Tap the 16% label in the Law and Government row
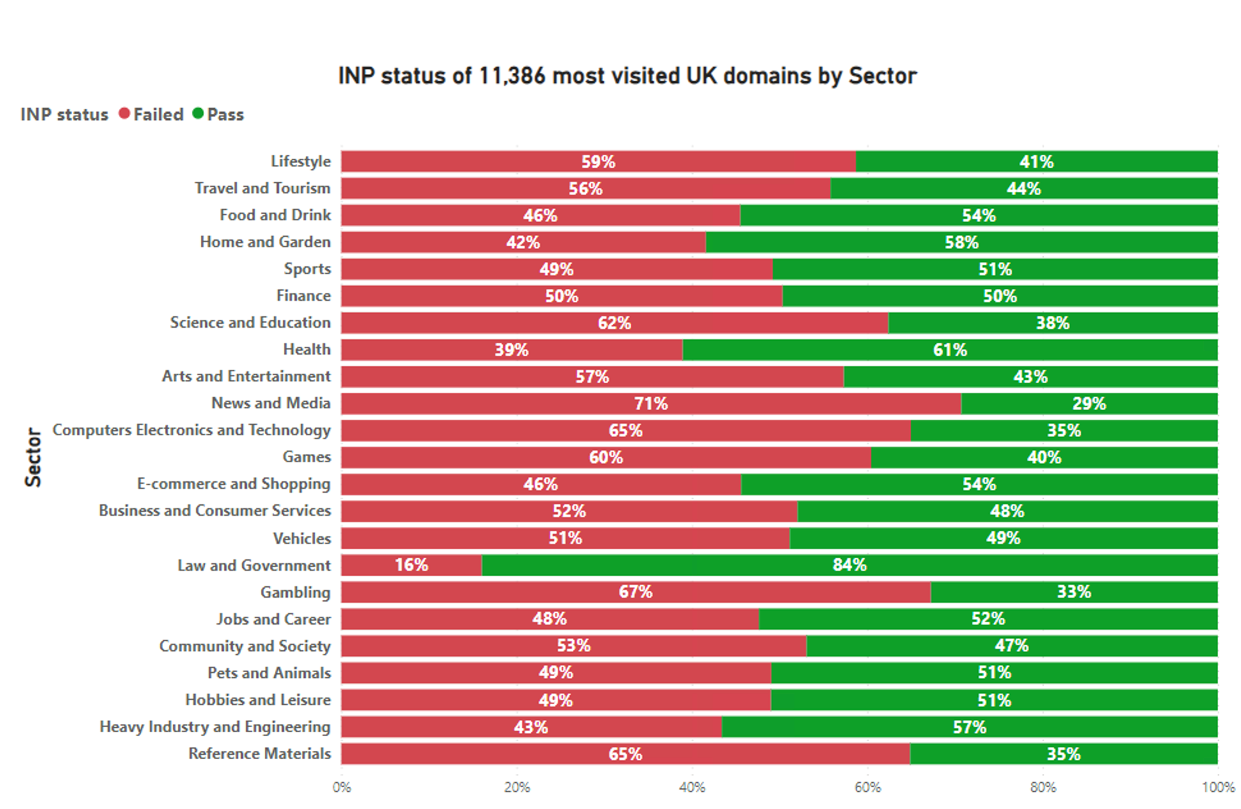coord(411,565)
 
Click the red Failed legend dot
coord(125,114)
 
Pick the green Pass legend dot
coord(198,114)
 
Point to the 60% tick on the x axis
coord(867,787)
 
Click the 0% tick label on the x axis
coord(342,787)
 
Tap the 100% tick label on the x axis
coord(1217,787)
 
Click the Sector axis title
coord(33,457)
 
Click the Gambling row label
coord(295,592)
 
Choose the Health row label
coord(306,349)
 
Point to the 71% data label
coord(651,404)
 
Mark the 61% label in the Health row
coord(949,350)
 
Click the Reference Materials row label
coord(259,753)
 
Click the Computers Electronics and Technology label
coord(191,430)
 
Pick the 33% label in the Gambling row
coord(1073,592)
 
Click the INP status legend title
coord(64,115)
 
